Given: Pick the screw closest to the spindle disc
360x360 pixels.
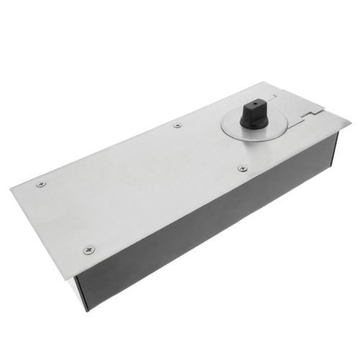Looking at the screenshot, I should pos(242,168).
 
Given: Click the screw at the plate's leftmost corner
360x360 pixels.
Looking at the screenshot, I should pos(40,184).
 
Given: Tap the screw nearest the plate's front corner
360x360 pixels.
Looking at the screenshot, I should pos(89,250).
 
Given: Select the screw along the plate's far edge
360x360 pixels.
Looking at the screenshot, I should pos(177,125).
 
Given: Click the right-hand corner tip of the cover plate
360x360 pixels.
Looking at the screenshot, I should pos(351,125).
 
